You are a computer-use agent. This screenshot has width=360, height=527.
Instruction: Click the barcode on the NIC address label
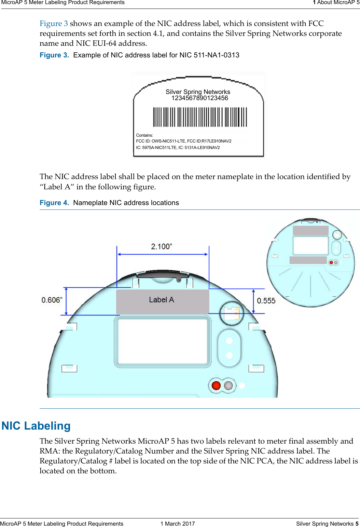click(x=200, y=117)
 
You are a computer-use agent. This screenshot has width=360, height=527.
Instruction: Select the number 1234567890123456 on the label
click(x=200, y=98)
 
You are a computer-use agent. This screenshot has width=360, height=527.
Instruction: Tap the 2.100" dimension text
click(x=162, y=246)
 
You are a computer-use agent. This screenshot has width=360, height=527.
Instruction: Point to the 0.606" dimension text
click(x=52, y=300)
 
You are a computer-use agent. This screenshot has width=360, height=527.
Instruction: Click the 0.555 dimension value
click(x=266, y=301)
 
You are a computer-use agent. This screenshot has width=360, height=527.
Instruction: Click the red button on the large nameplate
click(x=216, y=386)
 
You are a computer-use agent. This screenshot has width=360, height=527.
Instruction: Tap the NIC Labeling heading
click(x=36, y=426)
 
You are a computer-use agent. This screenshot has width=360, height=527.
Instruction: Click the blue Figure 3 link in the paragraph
click(x=54, y=24)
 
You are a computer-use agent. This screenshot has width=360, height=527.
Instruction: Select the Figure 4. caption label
click(x=54, y=203)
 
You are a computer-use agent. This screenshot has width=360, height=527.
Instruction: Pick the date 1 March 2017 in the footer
click(x=178, y=524)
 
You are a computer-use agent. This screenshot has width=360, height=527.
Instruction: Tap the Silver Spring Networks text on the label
click(x=198, y=92)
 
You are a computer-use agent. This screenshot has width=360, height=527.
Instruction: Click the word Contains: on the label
click(x=144, y=135)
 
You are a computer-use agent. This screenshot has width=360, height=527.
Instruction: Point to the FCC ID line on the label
click(x=184, y=141)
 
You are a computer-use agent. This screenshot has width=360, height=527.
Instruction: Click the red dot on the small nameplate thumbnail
click(x=331, y=262)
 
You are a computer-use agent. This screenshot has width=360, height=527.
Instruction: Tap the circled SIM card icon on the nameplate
click(x=232, y=313)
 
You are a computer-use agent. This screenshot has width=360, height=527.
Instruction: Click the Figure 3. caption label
click(x=54, y=55)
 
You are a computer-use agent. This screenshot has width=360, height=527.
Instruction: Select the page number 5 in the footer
click(x=357, y=524)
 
